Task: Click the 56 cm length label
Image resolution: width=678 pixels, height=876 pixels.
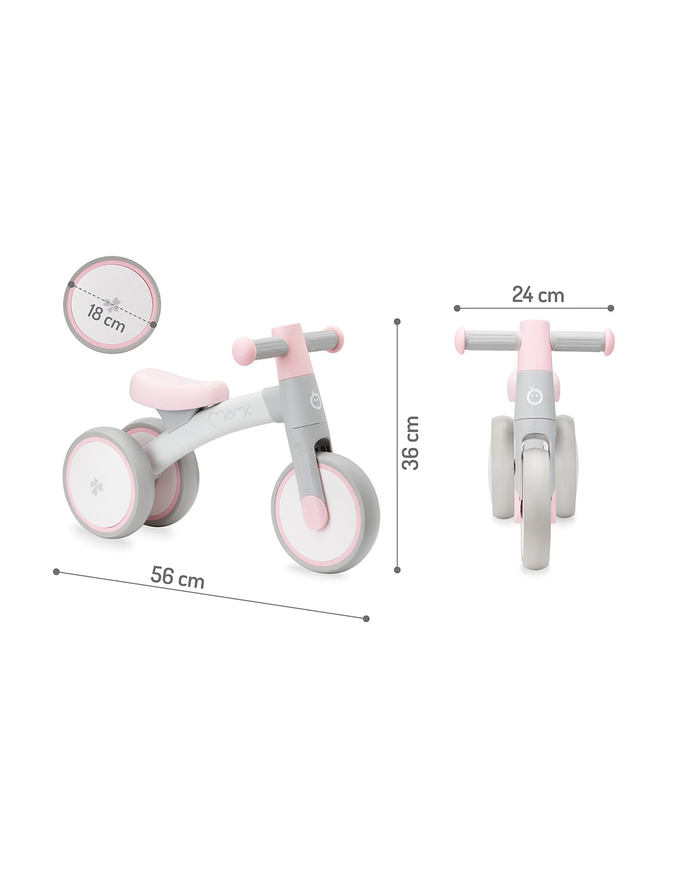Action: pos(177,577)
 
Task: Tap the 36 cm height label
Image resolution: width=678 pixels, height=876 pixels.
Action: pos(410,443)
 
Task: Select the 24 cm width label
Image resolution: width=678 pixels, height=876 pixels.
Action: pos(538,294)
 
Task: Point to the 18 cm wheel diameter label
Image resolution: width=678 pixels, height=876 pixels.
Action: pos(106,318)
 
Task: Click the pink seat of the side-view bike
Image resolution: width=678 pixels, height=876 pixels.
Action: pos(179,388)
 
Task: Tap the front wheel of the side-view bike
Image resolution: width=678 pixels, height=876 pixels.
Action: pos(325,512)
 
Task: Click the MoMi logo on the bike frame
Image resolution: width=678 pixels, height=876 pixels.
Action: pos(231,412)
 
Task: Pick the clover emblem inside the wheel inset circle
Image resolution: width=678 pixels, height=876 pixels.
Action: pos(112,305)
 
